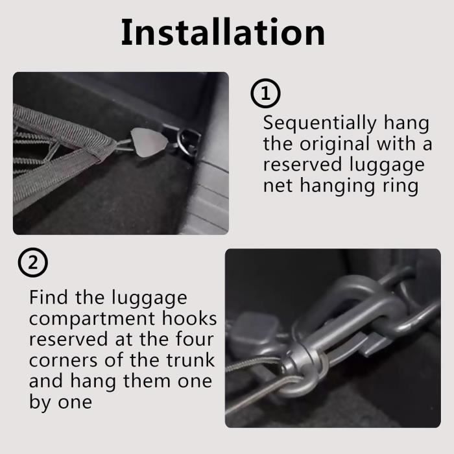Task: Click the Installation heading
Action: (222, 32)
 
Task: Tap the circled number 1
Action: (265, 93)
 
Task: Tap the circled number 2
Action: (32, 262)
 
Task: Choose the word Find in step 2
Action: (49, 297)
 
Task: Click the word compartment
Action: (92, 319)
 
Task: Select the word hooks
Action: (189, 318)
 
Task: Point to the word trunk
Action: (190, 360)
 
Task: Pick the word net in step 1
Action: (278, 185)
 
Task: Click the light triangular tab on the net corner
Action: (149, 143)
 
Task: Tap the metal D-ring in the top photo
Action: (189, 141)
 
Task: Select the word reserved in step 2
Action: (68, 339)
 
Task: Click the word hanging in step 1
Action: (337, 187)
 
